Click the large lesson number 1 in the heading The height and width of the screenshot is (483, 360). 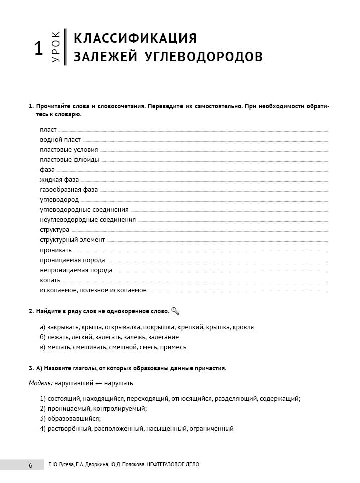click(x=37, y=49)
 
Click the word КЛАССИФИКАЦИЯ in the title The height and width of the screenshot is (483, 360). click(x=135, y=38)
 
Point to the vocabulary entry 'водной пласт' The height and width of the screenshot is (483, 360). click(x=60, y=140)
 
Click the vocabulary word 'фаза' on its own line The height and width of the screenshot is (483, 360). click(x=47, y=170)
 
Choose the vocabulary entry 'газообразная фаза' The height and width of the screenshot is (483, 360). click(x=69, y=190)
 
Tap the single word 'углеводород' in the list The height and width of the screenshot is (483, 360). click(x=59, y=200)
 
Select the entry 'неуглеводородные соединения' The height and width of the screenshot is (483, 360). click(x=88, y=220)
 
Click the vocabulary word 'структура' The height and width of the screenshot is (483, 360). click(x=55, y=230)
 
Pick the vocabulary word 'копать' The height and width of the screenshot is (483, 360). click(x=50, y=280)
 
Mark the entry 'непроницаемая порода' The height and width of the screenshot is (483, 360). click(x=76, y=270)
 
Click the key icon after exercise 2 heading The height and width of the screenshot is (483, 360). click(x=175, y=311)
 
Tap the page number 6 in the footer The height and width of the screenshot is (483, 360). click(x=30, y=465)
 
